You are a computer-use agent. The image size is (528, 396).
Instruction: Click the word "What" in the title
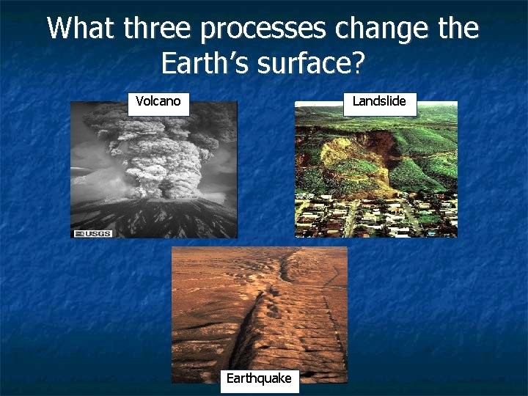81,29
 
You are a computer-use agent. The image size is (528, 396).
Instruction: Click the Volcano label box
158,102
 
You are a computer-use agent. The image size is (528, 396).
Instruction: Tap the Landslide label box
379,102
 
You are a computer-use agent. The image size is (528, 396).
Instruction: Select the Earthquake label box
259,378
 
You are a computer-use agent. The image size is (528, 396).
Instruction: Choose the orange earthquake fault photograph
259,308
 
